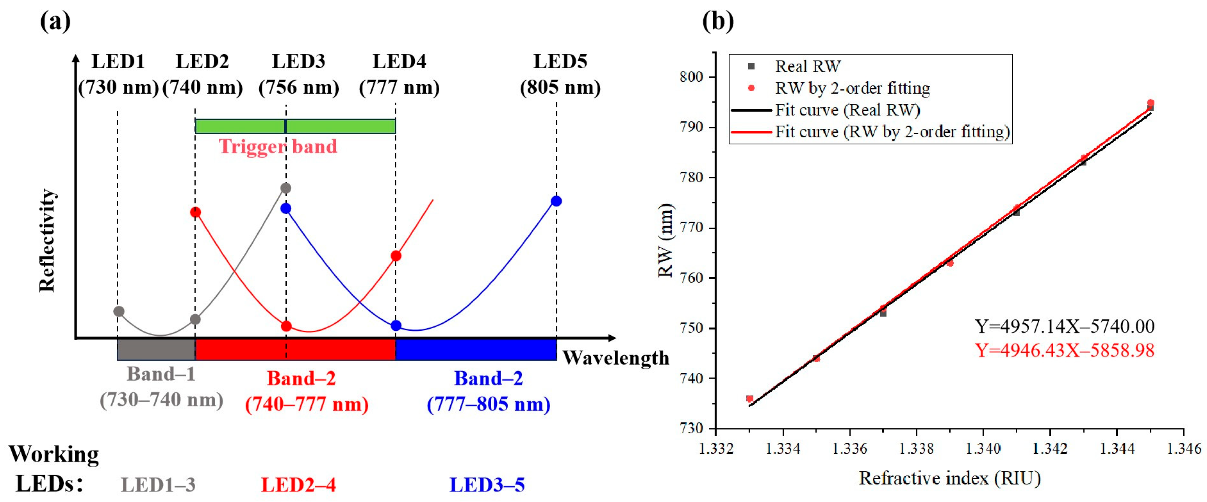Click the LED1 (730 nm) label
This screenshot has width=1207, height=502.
pos(118,74)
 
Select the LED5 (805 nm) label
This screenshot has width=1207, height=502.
pos(560,74)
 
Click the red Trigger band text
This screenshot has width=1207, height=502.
pos(277,147)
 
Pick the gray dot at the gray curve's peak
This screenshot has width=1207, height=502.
pos(285,188)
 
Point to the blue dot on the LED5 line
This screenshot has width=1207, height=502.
pos(556,202)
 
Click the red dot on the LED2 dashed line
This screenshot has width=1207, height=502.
pos(196,213)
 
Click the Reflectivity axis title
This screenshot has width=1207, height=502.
pos(47,240)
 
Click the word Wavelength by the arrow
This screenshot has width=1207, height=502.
pos(615,358)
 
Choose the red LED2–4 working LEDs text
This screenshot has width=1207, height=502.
pos(298,485)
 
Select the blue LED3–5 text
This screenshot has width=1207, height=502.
pos(487,485)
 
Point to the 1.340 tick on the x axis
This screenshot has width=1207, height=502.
pos(983,448)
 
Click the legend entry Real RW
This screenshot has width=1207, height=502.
pos(807,67)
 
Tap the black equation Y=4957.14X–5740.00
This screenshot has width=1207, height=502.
pos(1064,326)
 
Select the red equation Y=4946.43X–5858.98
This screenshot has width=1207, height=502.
pos(1064,350)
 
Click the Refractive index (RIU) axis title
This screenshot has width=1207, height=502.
pos(949,478)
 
